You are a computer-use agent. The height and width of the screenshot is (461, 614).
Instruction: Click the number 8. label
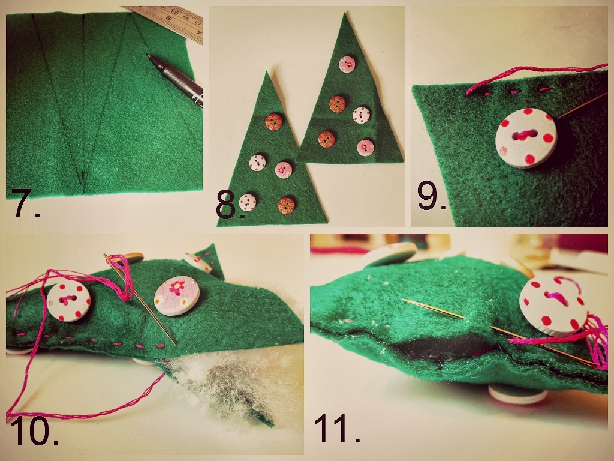(x=231, y=206)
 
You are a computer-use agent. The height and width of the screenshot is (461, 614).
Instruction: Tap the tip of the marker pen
(x=148, y=56)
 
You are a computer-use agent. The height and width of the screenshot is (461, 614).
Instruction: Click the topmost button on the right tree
(x=347, y=64)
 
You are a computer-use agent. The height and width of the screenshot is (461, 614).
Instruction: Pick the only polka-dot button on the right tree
(x=361, y=115)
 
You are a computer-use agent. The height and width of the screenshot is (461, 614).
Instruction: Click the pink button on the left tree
(x=284, y=170)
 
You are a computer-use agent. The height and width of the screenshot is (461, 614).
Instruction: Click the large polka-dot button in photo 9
(x=526, y=138)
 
